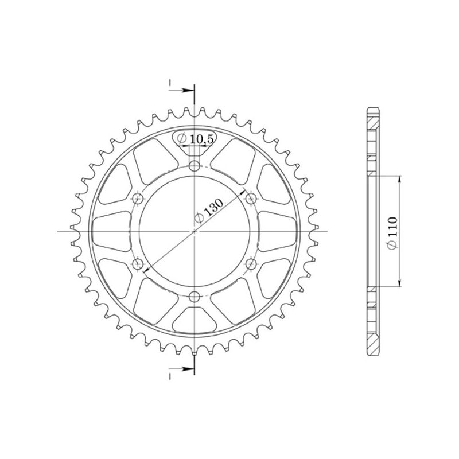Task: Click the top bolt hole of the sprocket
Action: tap(195, 166)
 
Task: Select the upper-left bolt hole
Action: tap(138, 199)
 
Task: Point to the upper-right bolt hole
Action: tap(251, 199)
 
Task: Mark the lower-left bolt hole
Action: tap(138, 263)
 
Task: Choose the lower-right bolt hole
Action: tap(251, 263)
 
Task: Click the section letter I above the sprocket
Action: tap(170, 84)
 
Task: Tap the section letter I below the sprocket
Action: tap(170, 376)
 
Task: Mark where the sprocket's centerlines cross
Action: tap(195, 231)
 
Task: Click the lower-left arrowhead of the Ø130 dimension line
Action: tap(146, 270)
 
